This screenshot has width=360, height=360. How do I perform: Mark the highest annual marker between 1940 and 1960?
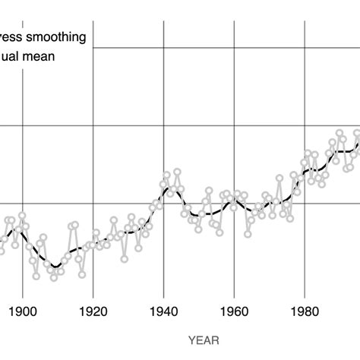[x=177, y=172]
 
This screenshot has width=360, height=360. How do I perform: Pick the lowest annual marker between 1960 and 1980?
[x=248, y=234]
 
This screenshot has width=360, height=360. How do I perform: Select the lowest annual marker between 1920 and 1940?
[x=125, y=259]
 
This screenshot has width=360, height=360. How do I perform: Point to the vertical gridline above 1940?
[x=163, y=91]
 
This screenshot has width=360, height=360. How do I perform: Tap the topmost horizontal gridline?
[x=228, y=48]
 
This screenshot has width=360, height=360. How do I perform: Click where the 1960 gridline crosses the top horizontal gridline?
[x=234, y=48]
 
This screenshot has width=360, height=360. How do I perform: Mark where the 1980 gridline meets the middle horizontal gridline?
[x=305, y=125]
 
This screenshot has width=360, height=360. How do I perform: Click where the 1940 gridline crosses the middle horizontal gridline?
[x=163, y=125]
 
